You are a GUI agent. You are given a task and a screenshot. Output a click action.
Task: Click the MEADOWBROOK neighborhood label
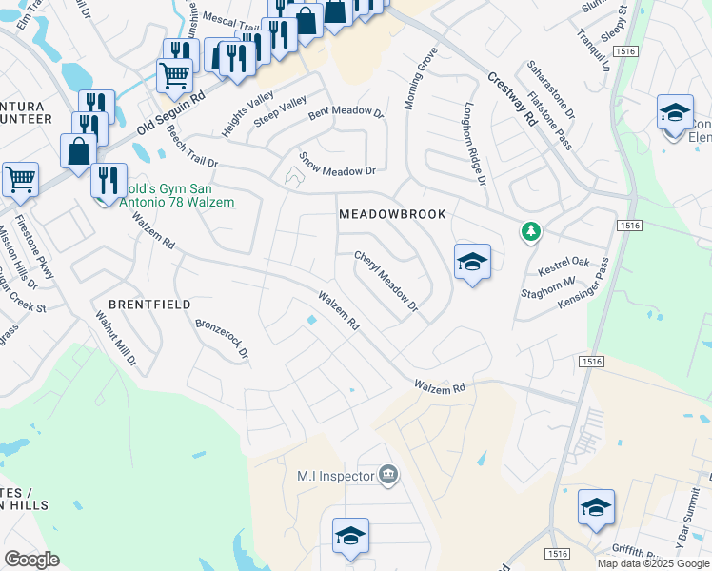click(x=392, y=215)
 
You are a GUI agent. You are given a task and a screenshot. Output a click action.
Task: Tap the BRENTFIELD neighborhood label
click(x=149, y=305)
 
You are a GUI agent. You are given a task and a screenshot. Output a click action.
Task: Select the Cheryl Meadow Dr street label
click(x=386, y=282)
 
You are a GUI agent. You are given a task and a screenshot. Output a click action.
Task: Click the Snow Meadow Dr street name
click(x=338, y=164)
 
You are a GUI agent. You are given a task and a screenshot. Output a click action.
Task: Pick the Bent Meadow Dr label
click(x=345, y=113)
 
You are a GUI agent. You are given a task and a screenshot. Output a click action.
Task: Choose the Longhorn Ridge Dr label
click(x=474, y=143)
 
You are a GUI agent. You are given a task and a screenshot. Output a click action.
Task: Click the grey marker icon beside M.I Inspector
click(x=387, y=475)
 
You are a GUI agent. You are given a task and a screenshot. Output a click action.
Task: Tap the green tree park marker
click(x=530, y=231)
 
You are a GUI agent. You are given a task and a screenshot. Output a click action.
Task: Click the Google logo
click(x=31, y=560)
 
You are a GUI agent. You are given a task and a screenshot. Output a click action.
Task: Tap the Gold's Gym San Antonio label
click(x=179, y=195)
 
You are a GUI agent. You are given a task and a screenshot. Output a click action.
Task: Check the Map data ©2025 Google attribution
click(x=653, y=563)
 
